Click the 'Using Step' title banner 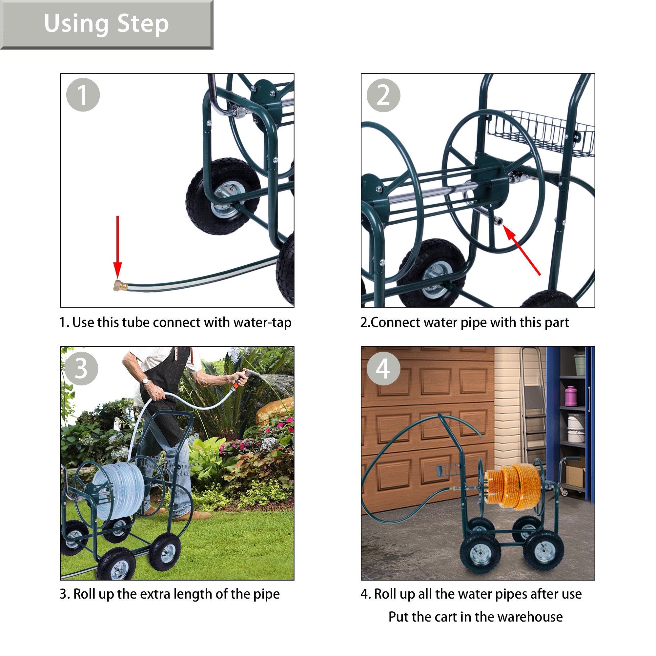(x=107, y=25)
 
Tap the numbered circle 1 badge (x=83, y=95)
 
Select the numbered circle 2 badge (x=384, y=95)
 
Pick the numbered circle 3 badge (x=81, y=368)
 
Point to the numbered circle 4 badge (x=383, y=369)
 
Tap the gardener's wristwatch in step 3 (x=146, y=382)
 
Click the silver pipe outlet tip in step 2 (x=499, y=221)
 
